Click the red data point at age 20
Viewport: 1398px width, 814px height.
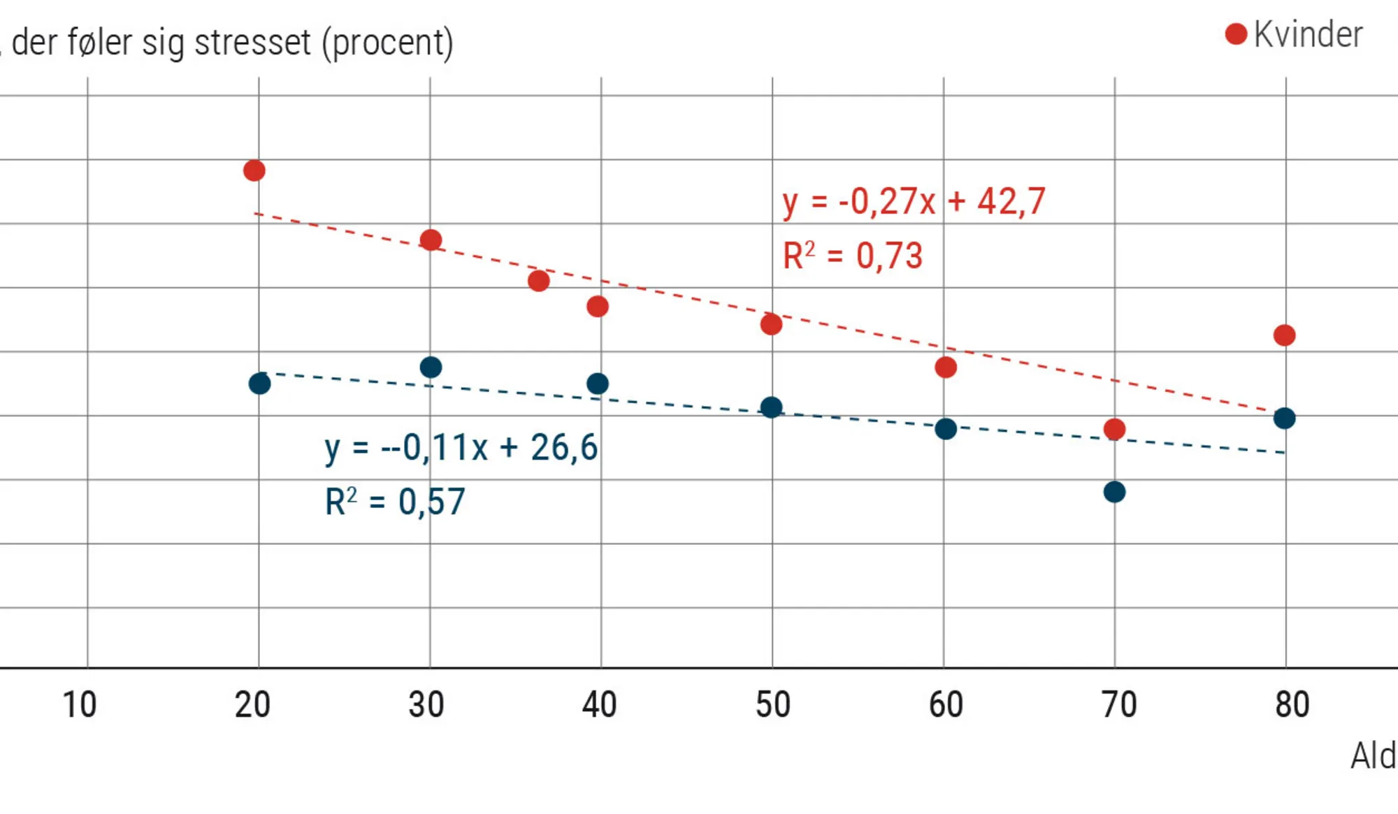tap(254, 170)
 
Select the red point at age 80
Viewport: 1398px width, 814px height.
tap(1284, 335)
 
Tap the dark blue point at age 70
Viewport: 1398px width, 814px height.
tap(1114, 492)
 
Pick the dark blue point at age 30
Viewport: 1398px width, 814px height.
tap(431, 367)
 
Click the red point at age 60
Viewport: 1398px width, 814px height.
tap(945, 367)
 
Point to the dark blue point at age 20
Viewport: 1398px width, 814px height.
tap(259, 384)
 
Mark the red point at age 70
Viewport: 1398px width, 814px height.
tap(1114, 429)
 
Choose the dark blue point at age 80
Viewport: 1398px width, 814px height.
tap(1284, 419)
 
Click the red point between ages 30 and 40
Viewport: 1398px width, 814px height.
tap(538, 281)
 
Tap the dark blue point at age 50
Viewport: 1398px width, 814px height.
tap(771, 407)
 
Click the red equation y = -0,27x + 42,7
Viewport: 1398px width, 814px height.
tap(914, 203)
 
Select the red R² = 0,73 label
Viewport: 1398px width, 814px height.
tap(853, 256)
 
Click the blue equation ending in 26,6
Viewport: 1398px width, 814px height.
tap(461, 448)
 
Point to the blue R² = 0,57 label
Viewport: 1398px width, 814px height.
tap(395, 502)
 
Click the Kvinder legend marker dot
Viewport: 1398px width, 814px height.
tap(1236, 34)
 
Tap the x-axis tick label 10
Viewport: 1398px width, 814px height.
tap(80, 704)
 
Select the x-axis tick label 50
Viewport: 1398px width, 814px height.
tap(772, 704)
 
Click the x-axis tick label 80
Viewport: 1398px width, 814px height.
tap(1292, 704)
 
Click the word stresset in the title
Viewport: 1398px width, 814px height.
tap(252, 43)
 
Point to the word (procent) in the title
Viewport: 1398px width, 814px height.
tap(387, 43)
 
